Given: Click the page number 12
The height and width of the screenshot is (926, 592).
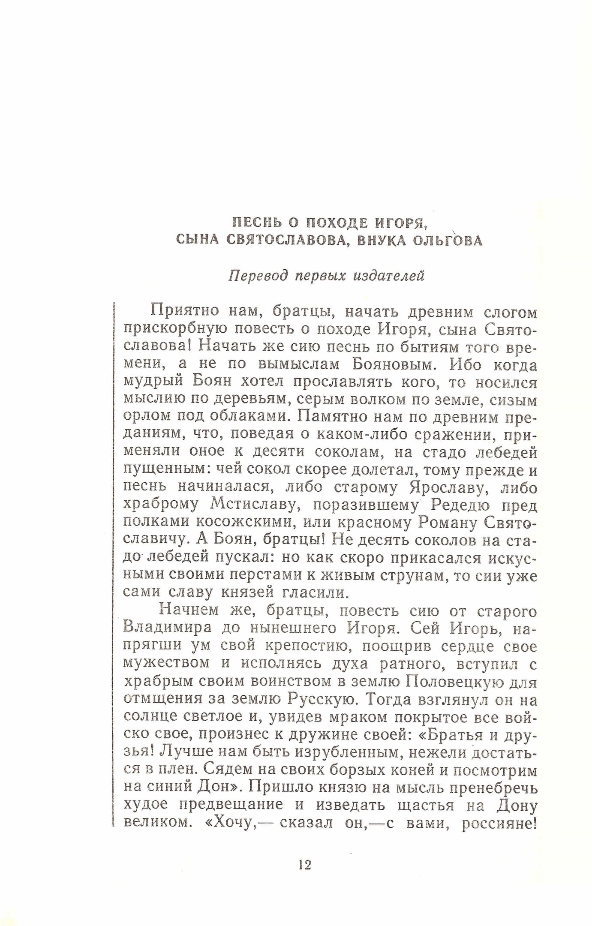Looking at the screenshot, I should point(305,865).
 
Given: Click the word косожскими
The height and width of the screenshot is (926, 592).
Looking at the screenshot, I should point(244,523).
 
